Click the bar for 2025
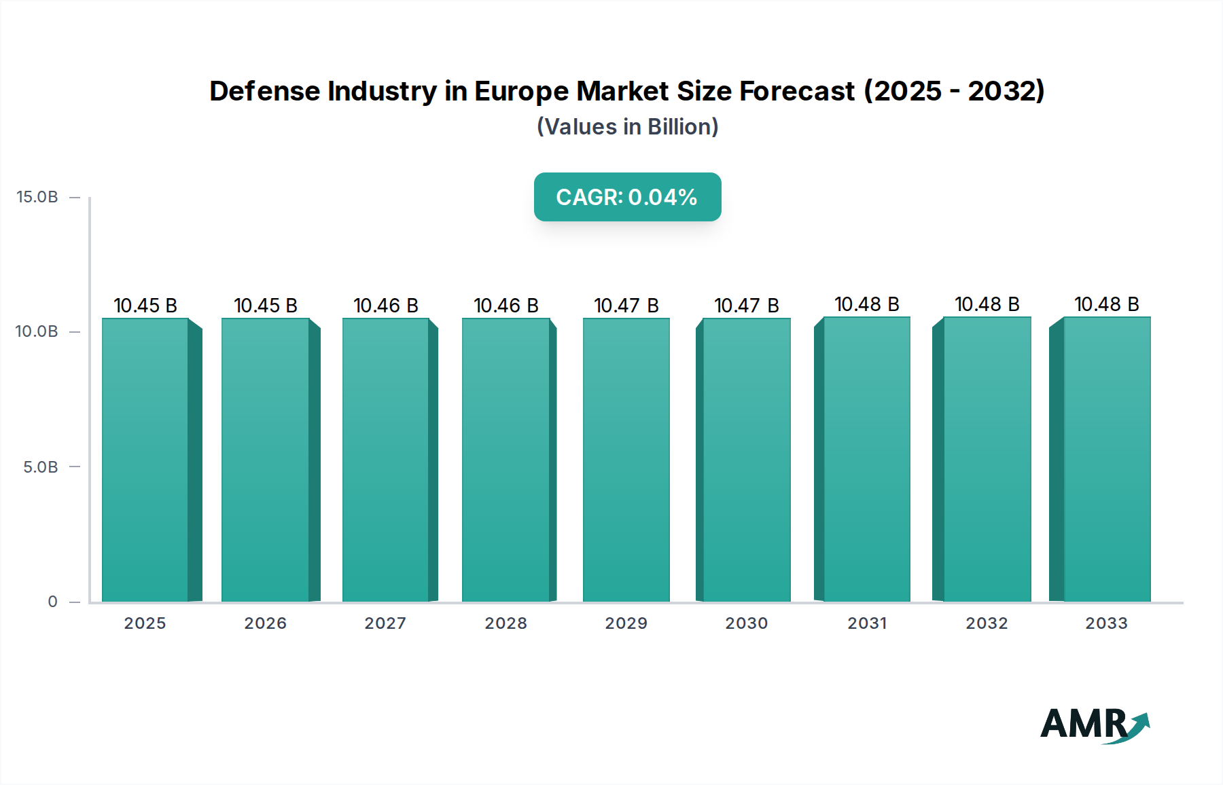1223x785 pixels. pyautogui.click(x=145, y=460)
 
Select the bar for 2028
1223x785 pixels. pyautogui.click(x=506, y=460)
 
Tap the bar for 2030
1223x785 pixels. pyautogui.click(x=747, y=460)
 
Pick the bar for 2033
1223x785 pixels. pyautogui.click(x=1107, y=460)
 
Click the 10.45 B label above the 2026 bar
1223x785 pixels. pyautogui.click(x=266, y=306)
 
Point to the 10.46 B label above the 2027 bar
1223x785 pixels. pyautogui.click(x=386, y=306)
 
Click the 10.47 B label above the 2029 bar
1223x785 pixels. pyautogui.click(x=626, y=306)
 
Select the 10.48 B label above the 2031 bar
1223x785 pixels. pyautogui.click(x=867, y=304)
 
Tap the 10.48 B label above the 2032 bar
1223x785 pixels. pyautogui.click(x=987, y=304)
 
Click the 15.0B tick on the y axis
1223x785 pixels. pyautogui.click(x=37, y=197)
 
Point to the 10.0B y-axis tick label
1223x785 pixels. pyautogui.click(x=37, y=331)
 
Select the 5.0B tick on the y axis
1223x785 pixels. pyautogui.click(x=41, y=467)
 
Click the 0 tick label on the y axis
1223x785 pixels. pyautogui.click(x=53, y=602)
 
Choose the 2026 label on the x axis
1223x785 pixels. pyautogui.click(x=266, y=623)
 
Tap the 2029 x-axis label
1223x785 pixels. pyautogui.click(x=626, y=623)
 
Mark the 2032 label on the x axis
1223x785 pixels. pyautogui.click(x=987, y=623)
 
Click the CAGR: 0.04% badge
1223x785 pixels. pyautogui.click(x=627, y=197)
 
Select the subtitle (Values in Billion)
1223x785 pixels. pyautogui.click(x=627, y=127)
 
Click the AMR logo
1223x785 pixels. pyautogui.click(x=1094, y=725)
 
